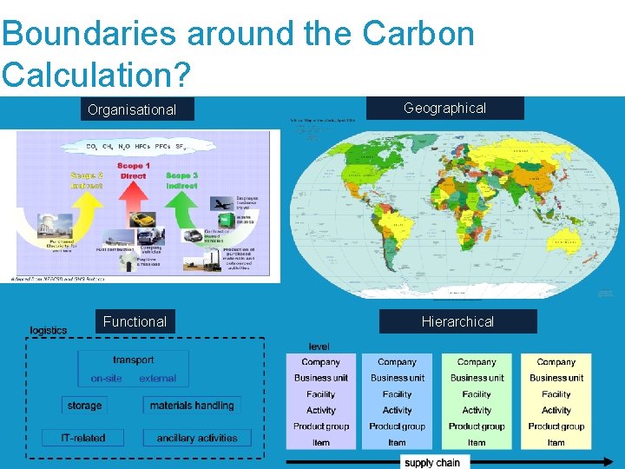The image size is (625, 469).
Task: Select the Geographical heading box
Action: pos(444,108)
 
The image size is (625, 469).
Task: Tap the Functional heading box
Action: pos(135,321)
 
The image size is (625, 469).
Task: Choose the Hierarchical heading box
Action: pos(457,321)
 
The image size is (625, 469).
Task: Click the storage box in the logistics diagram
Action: pos(84,406)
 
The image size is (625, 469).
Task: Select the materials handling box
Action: pos(192,406)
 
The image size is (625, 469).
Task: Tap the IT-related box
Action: pos(83,438)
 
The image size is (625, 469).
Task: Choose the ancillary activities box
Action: pos(197,438)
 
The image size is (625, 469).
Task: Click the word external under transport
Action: pos(157,379)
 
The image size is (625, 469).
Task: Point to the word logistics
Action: pos(49,331)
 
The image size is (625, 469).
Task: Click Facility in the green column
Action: pos(477,394)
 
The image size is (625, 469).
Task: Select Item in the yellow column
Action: pos(556,443)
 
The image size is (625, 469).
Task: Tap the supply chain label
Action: pos(432,462)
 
